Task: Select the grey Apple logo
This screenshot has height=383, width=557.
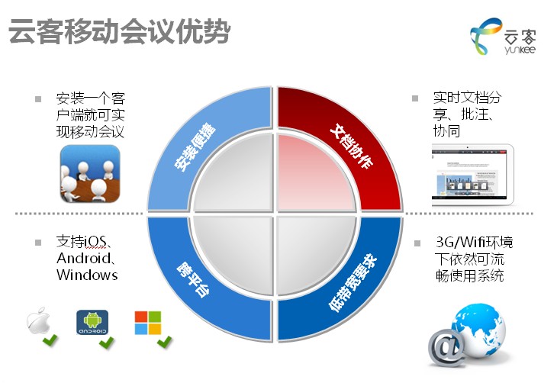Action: pyautogui.click(x=37, y=322)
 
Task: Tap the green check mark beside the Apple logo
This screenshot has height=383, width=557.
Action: pyautogui.click(x=50, y=339)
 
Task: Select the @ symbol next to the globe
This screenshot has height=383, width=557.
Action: pyautogui.click(x=445, y=348)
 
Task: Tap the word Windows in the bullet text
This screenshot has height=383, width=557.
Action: pyautogui.click(x=87, y=275)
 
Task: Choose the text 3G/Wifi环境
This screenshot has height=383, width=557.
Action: pyautogui.click(x=473, y=243)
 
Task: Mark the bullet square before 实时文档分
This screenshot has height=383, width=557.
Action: pyautogui.click(x=415, y=98)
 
